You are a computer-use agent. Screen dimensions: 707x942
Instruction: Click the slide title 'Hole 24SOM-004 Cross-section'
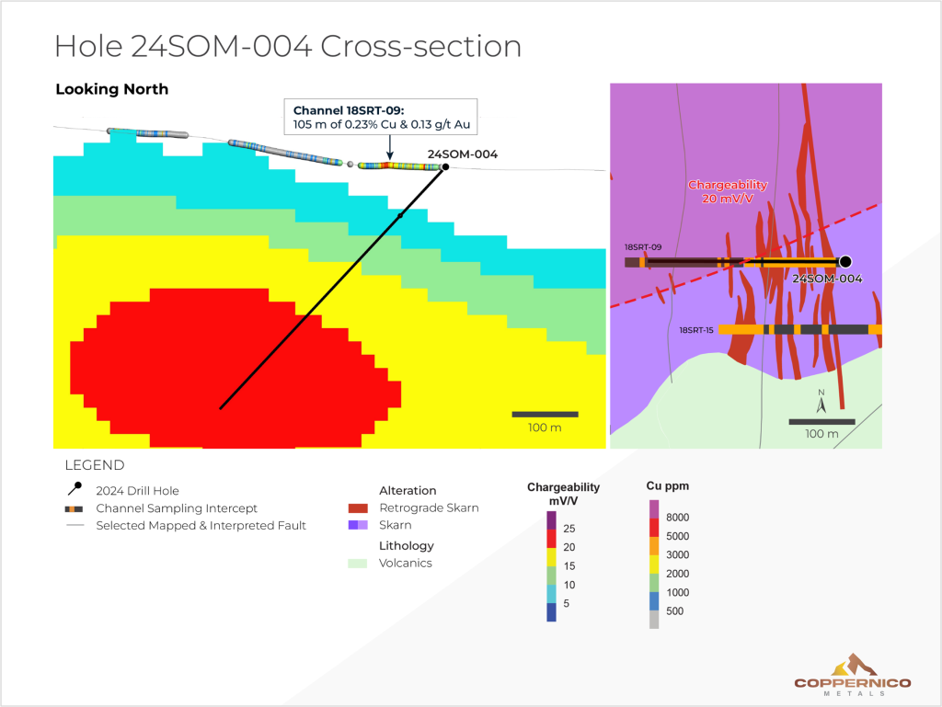click(x=288, y=46)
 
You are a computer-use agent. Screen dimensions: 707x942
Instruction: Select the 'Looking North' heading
click(x=111, y=89)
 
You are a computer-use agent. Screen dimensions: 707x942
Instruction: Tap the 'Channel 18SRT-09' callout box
click(x=381, y=117)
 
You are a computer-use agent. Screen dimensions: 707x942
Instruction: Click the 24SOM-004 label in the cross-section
click(x=463, y=154)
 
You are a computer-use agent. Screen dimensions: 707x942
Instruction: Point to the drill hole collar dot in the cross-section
click(x=445, y=167)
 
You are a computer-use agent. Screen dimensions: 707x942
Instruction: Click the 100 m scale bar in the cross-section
click(x=545, y=415)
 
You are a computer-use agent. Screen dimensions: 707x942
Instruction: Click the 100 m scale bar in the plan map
click(x=821, y=422)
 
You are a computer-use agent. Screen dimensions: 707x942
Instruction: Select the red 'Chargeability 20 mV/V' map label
click(x=728, y=191)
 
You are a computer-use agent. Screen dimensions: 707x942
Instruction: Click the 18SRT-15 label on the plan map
click(x=696, y=329)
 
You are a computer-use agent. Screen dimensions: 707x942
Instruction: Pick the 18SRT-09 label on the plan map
click(x=641, y=247)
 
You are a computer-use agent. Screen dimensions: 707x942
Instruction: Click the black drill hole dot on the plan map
click(x=845, y=262)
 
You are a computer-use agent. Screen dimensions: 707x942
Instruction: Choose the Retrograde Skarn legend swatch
click(x=360, y=507)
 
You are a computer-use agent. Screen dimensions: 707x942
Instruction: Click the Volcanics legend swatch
click(x=360, y=563)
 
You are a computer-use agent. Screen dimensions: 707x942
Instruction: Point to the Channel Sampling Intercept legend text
click(x=177, y=508)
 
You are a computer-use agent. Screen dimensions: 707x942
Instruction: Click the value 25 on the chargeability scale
click(x=570, y=528)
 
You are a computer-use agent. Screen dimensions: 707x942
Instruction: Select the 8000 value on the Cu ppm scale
click(x=677, y=518)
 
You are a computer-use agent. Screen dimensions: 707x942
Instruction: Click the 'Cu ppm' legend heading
click(x=667, y=485)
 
